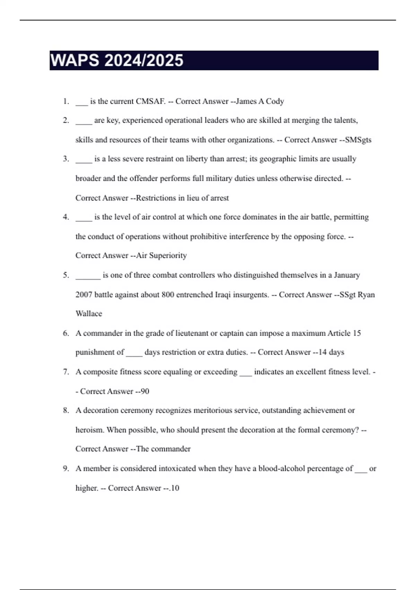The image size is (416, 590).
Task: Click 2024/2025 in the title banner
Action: tap(144, 60)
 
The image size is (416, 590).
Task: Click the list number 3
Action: tap(66, 159)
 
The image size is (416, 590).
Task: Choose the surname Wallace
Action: tap(89, 314)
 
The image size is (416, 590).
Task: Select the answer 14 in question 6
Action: tap(322, 352)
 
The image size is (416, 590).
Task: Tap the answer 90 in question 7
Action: tap(145, 391)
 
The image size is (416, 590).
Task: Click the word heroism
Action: tap(89, 430)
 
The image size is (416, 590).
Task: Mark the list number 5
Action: tap(66, 275)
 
